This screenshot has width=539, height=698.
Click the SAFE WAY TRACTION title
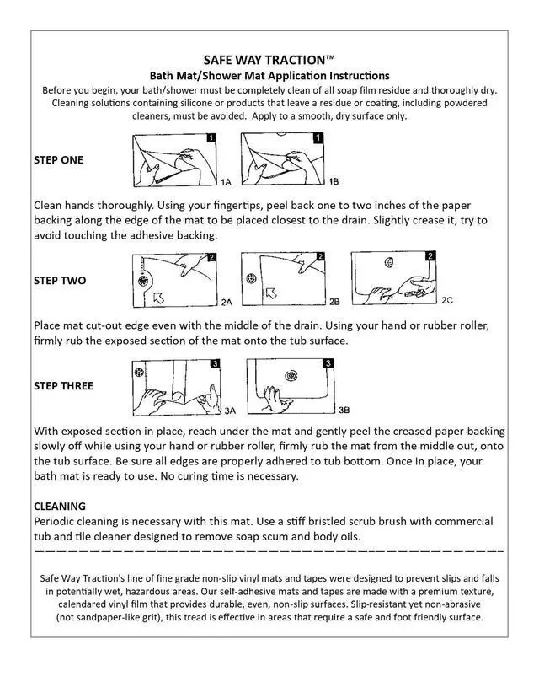[269, 60]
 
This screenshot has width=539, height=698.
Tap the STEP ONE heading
[58, 160]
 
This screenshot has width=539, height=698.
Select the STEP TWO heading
[60, 281]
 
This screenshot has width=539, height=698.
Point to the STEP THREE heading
[64, 386]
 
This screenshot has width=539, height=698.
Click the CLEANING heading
[60, 506]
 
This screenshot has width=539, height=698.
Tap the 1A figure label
[226, 182]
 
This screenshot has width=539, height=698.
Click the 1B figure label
[334, 181]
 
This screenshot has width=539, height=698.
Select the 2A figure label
[227, 303]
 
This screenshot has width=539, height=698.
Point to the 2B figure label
[334, 302]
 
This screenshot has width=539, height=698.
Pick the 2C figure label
[447, 300]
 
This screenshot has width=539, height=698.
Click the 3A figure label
[230, 411]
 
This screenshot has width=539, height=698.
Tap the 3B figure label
[344, 410]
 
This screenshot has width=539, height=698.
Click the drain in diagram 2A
[143, 281]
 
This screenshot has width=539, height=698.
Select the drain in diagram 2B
[251, 279]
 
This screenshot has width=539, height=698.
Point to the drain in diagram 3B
[291, 375]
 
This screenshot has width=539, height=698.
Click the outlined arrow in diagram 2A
[158, 298]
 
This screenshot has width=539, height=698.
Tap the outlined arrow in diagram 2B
[271, 293]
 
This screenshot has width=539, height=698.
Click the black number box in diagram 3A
[216, 364]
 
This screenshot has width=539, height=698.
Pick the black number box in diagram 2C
[430, 255]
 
